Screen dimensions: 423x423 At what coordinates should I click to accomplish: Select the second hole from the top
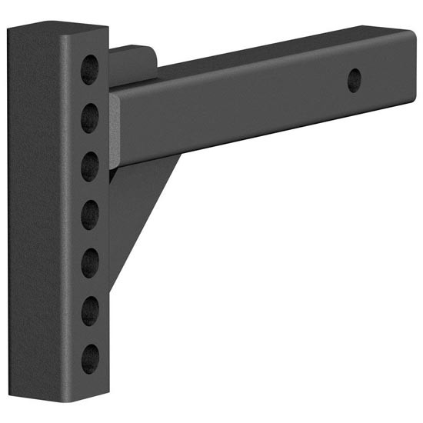tap(91, 117)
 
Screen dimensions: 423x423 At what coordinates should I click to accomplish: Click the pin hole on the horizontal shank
tap(354, 79)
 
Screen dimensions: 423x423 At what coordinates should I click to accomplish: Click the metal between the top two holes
tap(91, 93)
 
